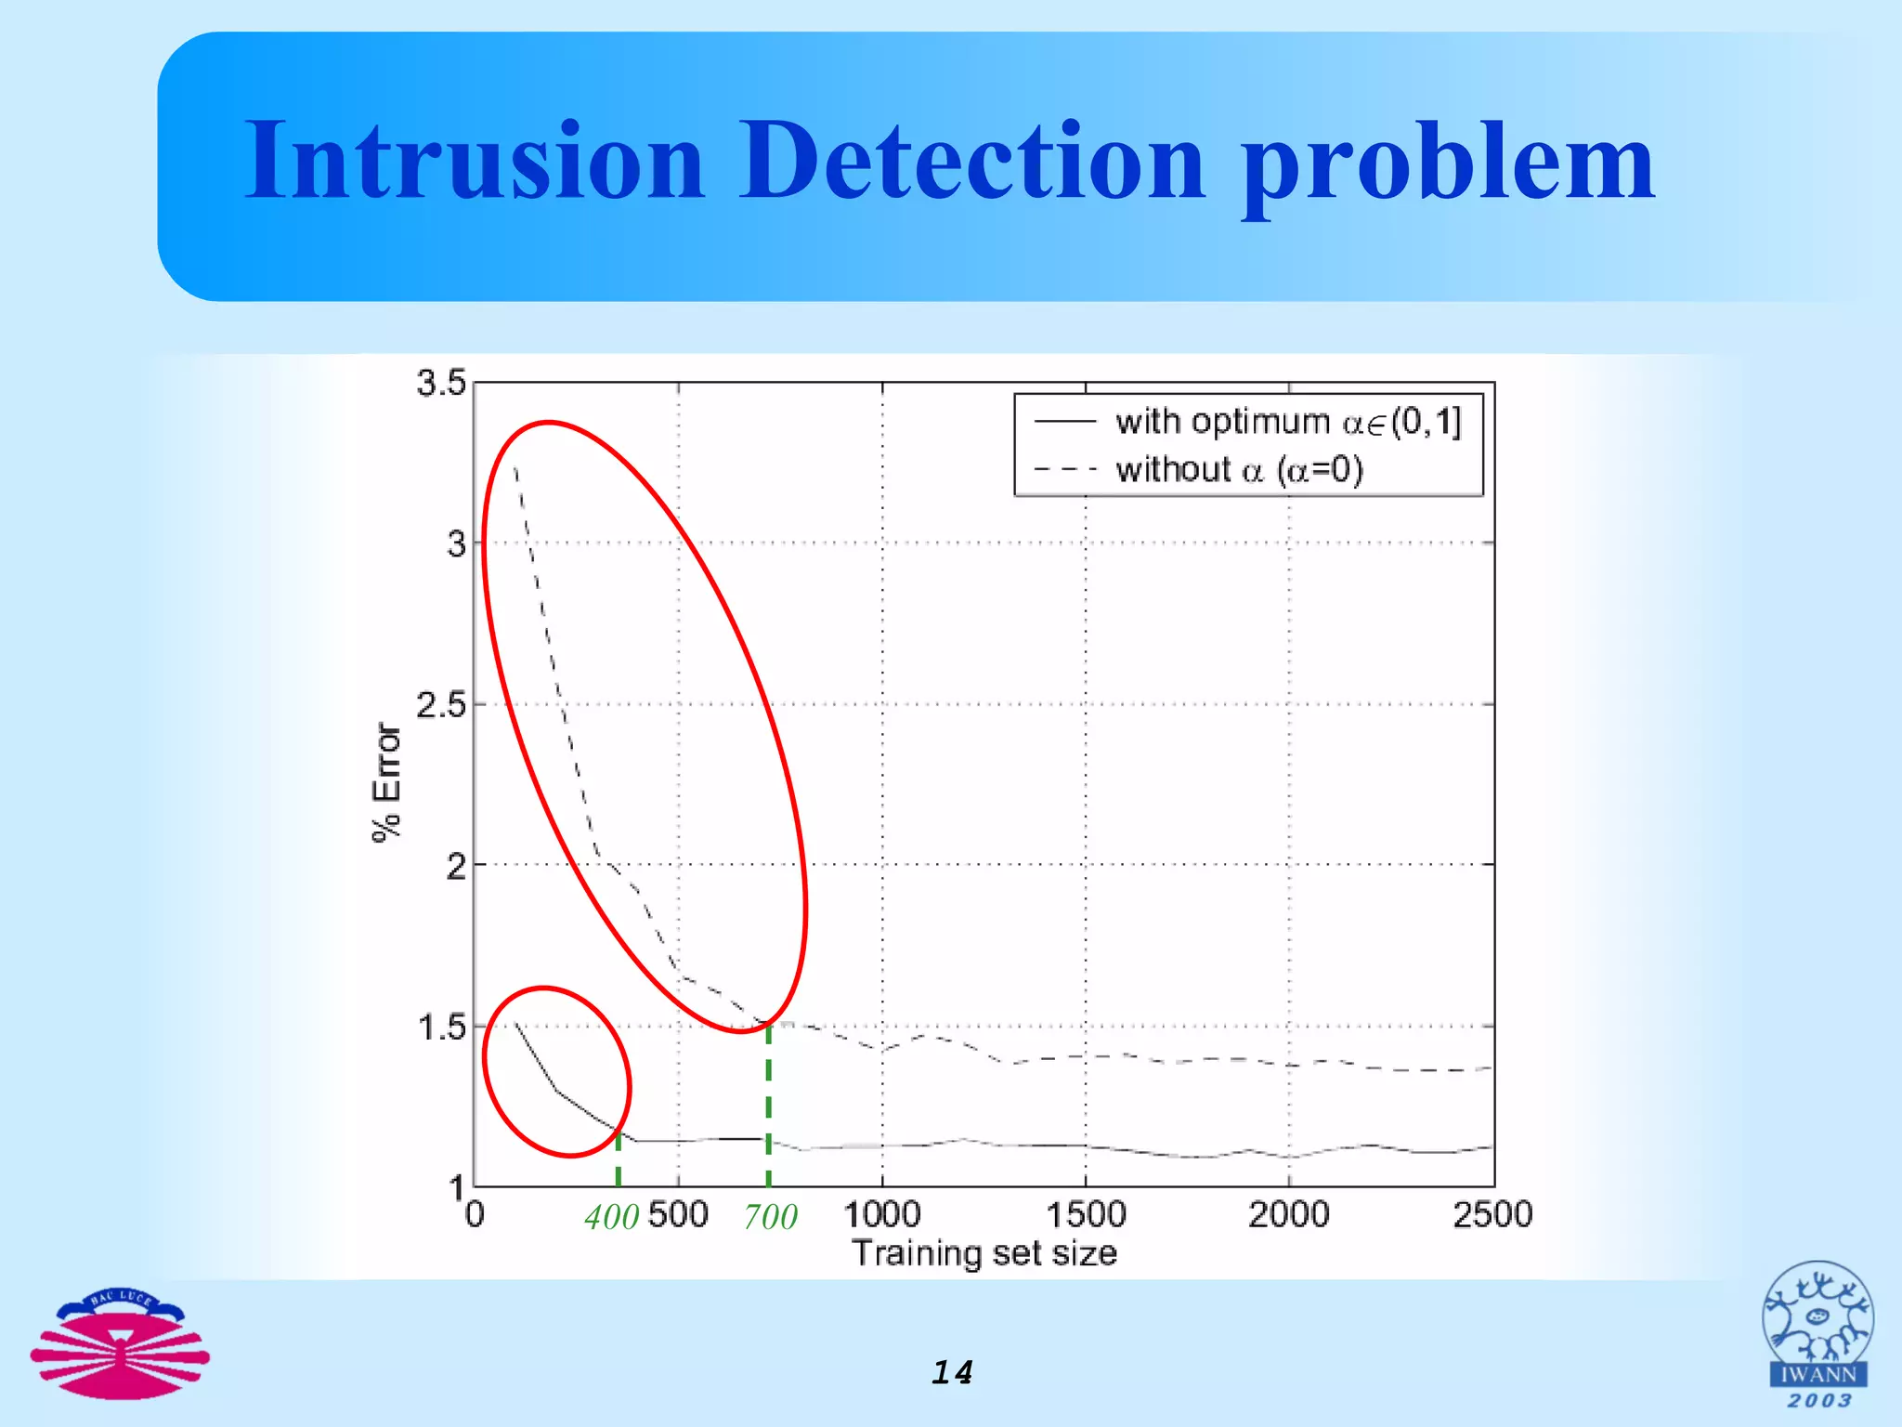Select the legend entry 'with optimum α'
coord(1287,422)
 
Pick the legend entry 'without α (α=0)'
coord(1239,470)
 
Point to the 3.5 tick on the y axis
coord(440,383)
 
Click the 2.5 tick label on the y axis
coord(440,705)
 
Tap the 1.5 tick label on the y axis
coord(440,1028)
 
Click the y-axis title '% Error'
coord(387,782)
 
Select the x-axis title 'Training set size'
coord(984,1253)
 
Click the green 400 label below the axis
coord(611,1217)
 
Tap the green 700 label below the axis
coord(770,1217)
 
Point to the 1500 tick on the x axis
coord(1086,1214)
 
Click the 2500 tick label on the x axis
coord(1492,1214)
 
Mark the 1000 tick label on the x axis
coord(881,1214)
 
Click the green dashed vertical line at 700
coord(768,1106)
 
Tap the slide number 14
coord(952,1372)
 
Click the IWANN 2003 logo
coord(1817,1334)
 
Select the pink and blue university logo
coord(120,1343)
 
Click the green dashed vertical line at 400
coord(618,1157)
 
